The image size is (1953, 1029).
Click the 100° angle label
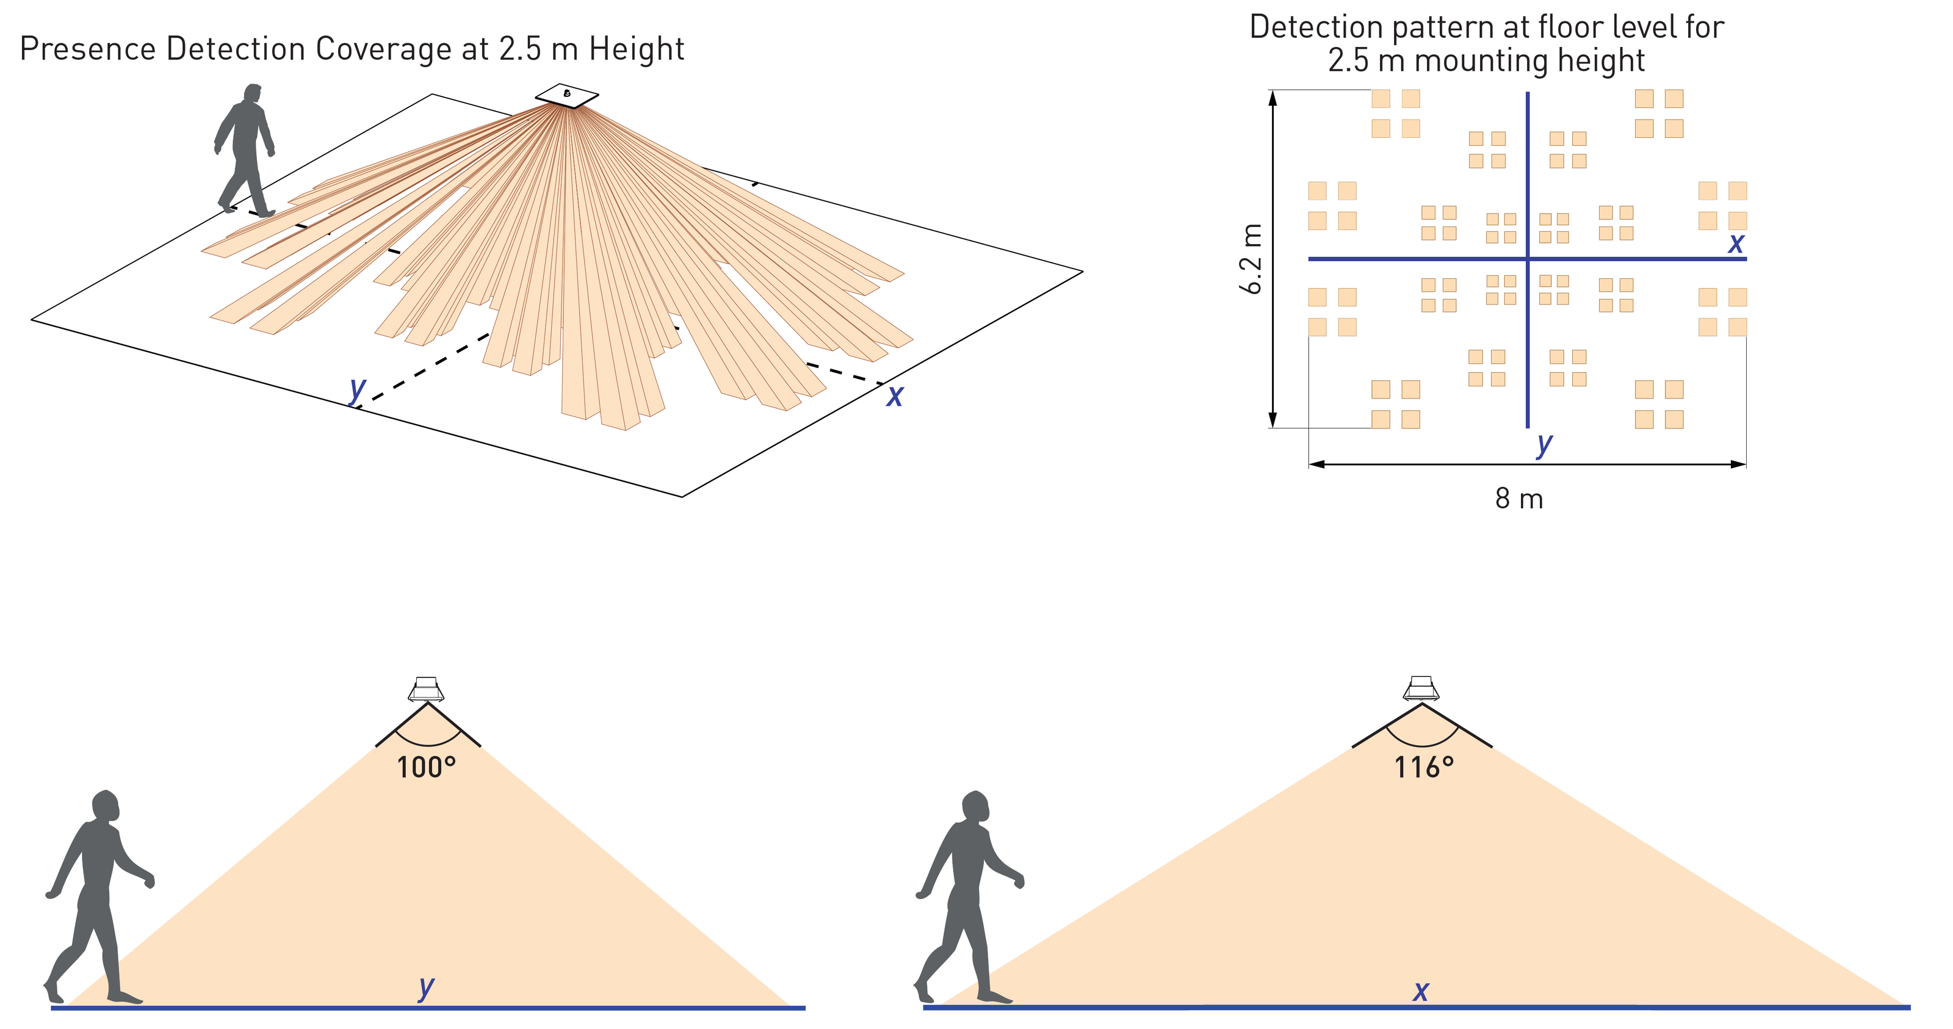[x=426, y=767]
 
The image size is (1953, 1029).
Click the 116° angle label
[x=1424, y=767]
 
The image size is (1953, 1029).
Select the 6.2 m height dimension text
[x=1252, y=259]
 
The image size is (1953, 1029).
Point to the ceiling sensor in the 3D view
[x=567, y=95]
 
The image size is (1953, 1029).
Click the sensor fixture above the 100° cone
[x=426, y=689]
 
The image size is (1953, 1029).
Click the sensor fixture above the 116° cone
[x=1421, y=689]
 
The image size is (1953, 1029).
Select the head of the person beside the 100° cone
[x=106, y=806]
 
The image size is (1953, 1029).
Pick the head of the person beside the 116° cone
[x=976, y=807]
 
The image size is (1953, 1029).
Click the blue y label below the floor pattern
[x=1544, y=444]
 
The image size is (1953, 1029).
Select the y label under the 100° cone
[x=426, y=987]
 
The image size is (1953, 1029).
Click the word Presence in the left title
[x=88, y=49]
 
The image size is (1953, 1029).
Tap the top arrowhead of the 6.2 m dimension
[x=1273, y=98]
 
